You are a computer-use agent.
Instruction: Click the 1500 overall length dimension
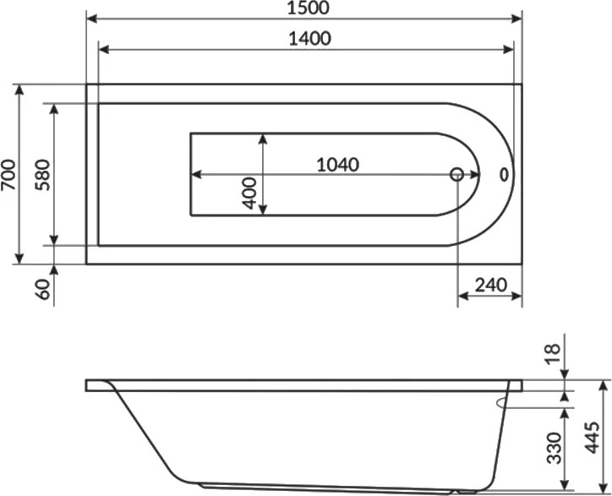pos(309,8)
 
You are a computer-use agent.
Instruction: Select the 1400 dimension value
pos(310,39)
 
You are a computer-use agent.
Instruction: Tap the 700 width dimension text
pos(9,174)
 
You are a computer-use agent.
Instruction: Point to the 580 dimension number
pos(42,174)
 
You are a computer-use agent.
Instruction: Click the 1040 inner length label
pos(337,165)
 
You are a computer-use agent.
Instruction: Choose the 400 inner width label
pos(250,193)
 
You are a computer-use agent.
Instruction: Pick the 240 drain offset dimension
pos(491,286)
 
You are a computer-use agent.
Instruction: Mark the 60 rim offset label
pos(45,290)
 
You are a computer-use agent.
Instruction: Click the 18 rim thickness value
pos(553,354)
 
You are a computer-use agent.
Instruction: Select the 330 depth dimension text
pos(554,448)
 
